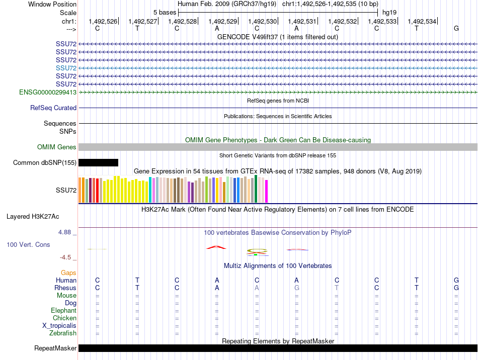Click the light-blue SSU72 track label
pos(66,68)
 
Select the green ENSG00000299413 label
pos(48,92)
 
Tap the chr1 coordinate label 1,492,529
pos(222,21)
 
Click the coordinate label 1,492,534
pos(422,21)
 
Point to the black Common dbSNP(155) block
pos(98,162)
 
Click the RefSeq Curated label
pos(53,108)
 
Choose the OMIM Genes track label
pos(57,147)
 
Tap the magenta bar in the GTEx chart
pos(267,191)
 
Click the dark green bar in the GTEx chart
pos(256,189)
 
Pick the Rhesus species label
pos(65,288)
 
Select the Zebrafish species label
pos(63,333)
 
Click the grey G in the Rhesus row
pos(297,288)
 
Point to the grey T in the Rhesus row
pos(337,288)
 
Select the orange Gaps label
pos(68,273)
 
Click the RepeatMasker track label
pos(55,348)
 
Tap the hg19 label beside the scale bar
pos(389,13)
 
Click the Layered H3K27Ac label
pos(33,217)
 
